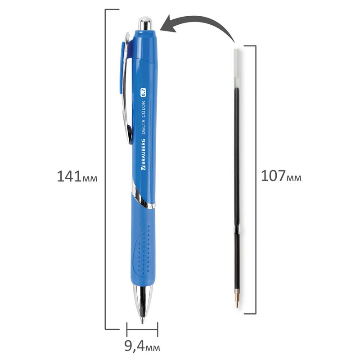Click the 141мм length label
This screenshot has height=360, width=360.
77,176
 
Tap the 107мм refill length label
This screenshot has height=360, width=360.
281,176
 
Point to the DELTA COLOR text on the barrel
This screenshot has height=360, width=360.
143,117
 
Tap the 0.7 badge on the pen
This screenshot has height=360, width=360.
143,92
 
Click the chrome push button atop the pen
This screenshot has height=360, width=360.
145,23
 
